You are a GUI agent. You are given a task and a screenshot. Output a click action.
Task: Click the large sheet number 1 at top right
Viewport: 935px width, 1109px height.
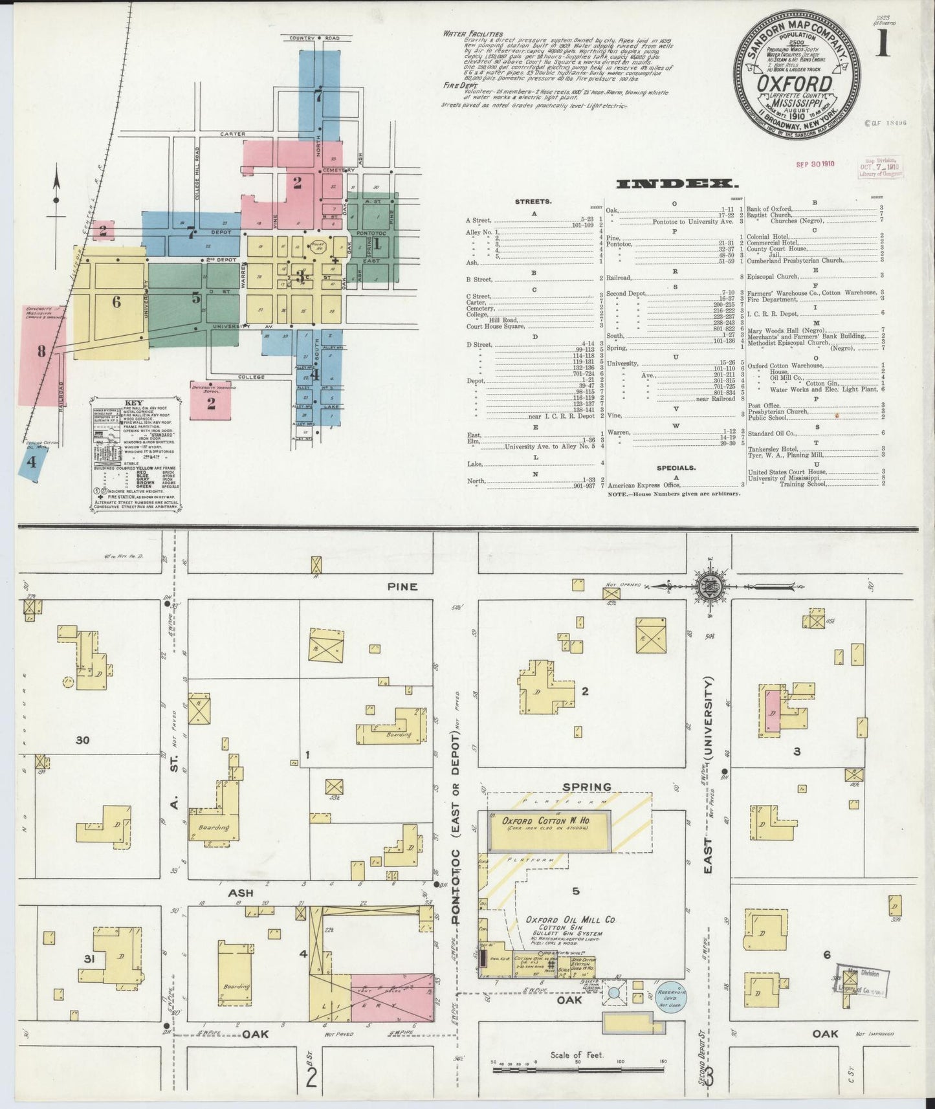[883, 45]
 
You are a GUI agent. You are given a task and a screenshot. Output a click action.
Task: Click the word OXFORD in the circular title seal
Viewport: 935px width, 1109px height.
[795, 83]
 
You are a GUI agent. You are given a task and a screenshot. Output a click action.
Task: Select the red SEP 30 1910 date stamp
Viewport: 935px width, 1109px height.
[815, 164]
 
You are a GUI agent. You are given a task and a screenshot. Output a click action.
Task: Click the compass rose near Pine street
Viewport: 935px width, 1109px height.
[709, 587]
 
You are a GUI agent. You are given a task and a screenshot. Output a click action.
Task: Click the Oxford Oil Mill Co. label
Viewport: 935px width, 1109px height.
[570, 919]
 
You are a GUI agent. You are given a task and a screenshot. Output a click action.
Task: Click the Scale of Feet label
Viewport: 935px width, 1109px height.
[577, 1055]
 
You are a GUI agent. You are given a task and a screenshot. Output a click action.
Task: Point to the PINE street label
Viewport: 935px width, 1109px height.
[402, 587]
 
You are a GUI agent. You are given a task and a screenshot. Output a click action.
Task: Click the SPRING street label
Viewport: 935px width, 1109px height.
[586, 787]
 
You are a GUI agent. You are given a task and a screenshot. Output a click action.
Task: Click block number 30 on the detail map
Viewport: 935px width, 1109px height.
[82, 740]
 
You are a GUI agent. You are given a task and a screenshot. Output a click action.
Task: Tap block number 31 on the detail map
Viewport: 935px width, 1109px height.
[89, 958]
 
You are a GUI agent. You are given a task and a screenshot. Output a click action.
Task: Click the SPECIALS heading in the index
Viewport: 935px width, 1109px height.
[676, 467]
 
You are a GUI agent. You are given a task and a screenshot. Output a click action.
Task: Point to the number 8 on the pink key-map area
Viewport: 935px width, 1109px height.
[41, 351]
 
